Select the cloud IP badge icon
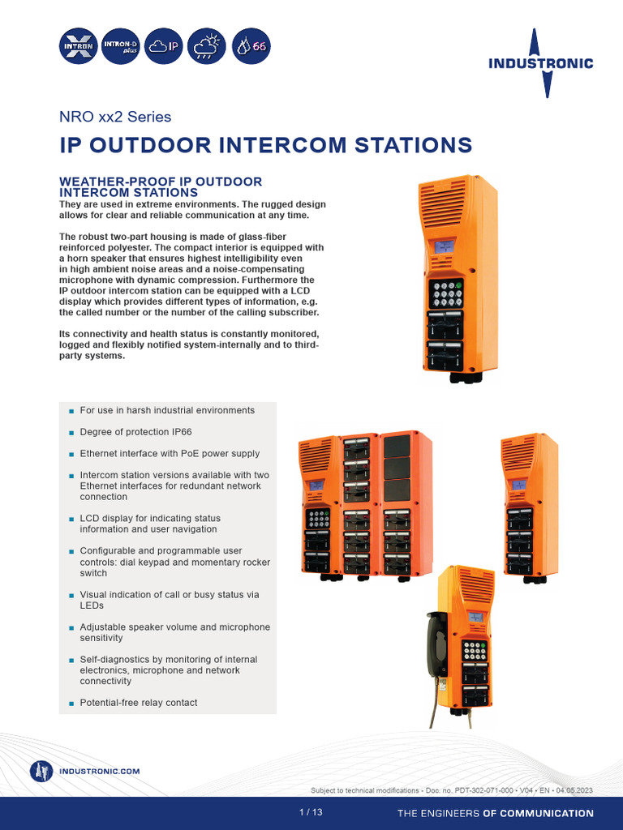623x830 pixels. coord(164,46)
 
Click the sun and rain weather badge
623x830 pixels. coord(206,46)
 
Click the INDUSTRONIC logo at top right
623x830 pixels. coord(540,62)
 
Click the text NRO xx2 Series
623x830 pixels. coord(116,117)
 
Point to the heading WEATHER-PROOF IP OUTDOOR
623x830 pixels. coord(161,182)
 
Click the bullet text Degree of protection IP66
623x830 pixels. coord(135,432)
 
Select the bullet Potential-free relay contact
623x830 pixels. coord(138,703)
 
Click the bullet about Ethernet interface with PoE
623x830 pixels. coord(170,454)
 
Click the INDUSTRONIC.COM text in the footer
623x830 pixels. coord(100,772)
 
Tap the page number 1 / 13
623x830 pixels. coord(311,813)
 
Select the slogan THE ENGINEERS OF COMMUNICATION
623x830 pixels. coord(495,813)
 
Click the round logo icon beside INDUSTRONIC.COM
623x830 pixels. coord(41,772)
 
